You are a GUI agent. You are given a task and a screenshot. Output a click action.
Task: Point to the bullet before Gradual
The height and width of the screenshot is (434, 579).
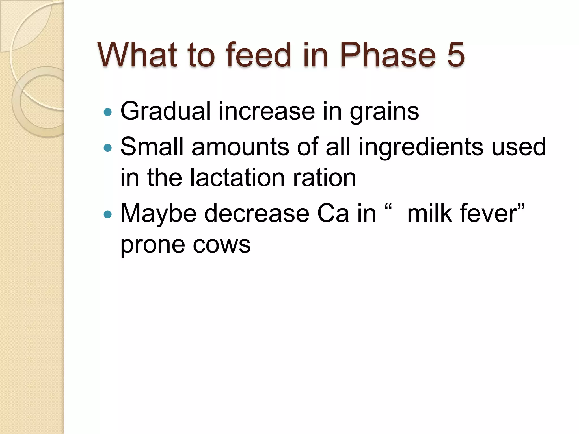pyautogui.click(x=108, y=112)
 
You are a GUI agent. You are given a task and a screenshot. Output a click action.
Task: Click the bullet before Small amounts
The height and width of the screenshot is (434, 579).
pyautogui.click(x=108, y=148)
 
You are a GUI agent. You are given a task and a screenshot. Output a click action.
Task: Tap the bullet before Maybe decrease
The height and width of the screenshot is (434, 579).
pyautogui.click(x=108, y=214)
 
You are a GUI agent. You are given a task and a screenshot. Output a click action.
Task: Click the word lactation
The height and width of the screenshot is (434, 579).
pyautogui.click(x=237, y=178)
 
